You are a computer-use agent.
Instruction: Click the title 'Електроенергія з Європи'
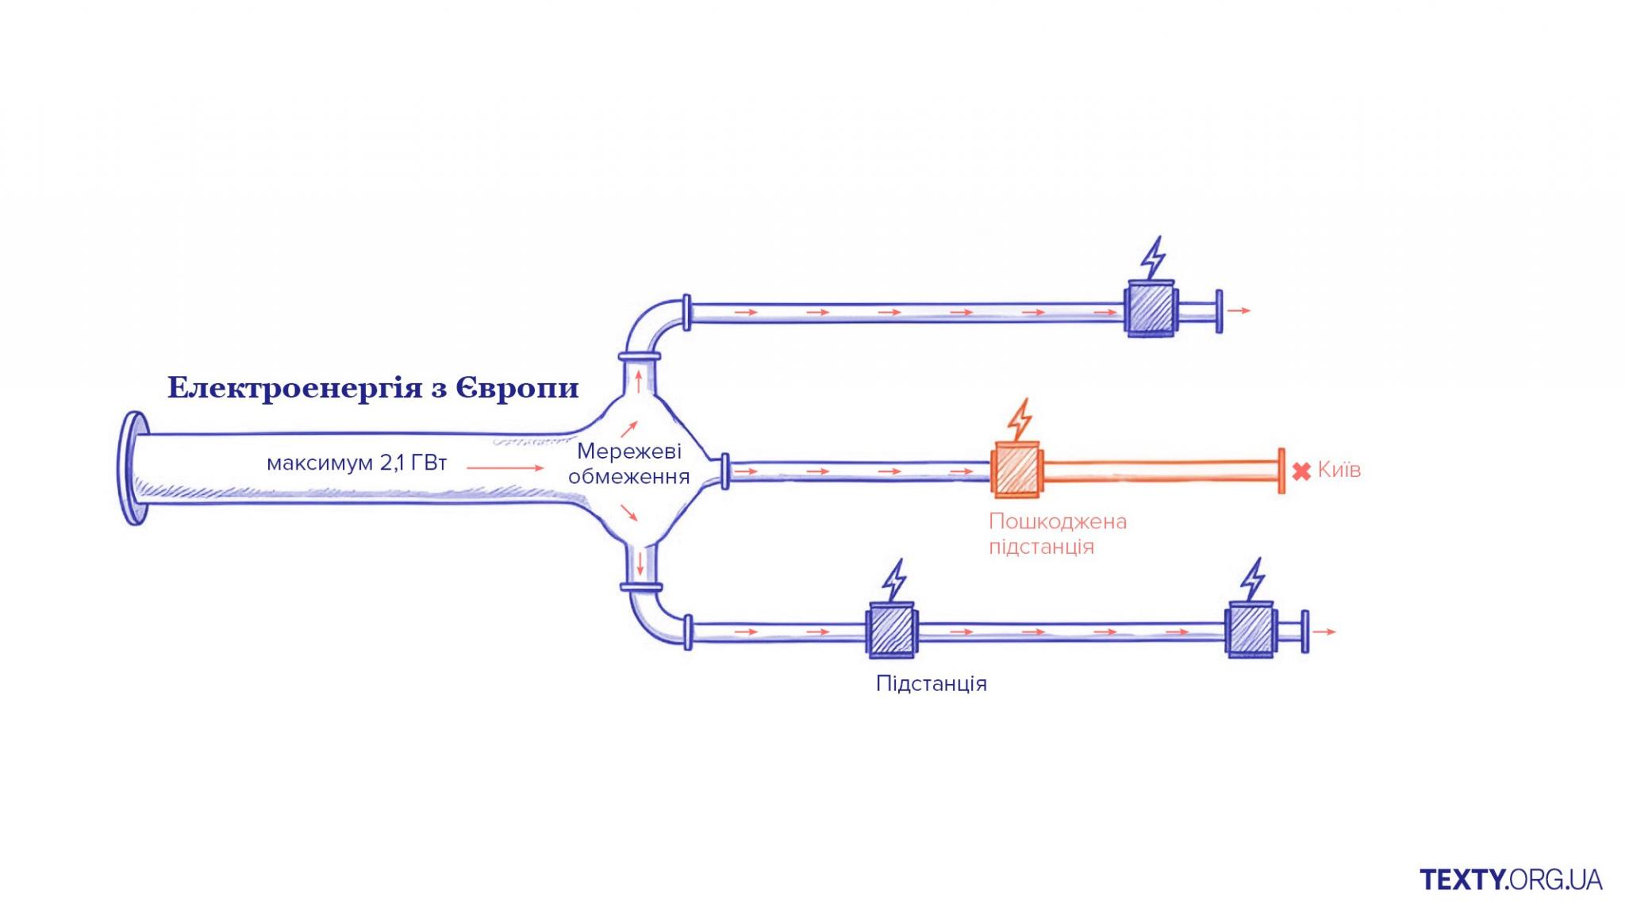373,388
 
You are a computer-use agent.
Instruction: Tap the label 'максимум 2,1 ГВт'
357,463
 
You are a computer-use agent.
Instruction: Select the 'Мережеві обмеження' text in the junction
628,464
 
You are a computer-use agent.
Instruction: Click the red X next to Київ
1300,472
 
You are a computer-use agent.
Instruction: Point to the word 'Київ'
1339,470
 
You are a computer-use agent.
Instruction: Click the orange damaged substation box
1016,471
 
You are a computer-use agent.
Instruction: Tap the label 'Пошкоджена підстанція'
1057,534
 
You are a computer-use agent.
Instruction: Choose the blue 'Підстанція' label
931,684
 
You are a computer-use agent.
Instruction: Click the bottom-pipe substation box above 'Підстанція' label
892,631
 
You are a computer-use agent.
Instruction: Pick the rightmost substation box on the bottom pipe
1249,631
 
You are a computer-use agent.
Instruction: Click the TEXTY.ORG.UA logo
1511,879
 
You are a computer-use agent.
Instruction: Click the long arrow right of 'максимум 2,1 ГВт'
505,468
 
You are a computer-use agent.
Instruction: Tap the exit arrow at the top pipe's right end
1239,311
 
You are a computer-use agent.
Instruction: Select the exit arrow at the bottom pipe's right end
1324,632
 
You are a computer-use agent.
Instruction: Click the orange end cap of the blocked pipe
1281,471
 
